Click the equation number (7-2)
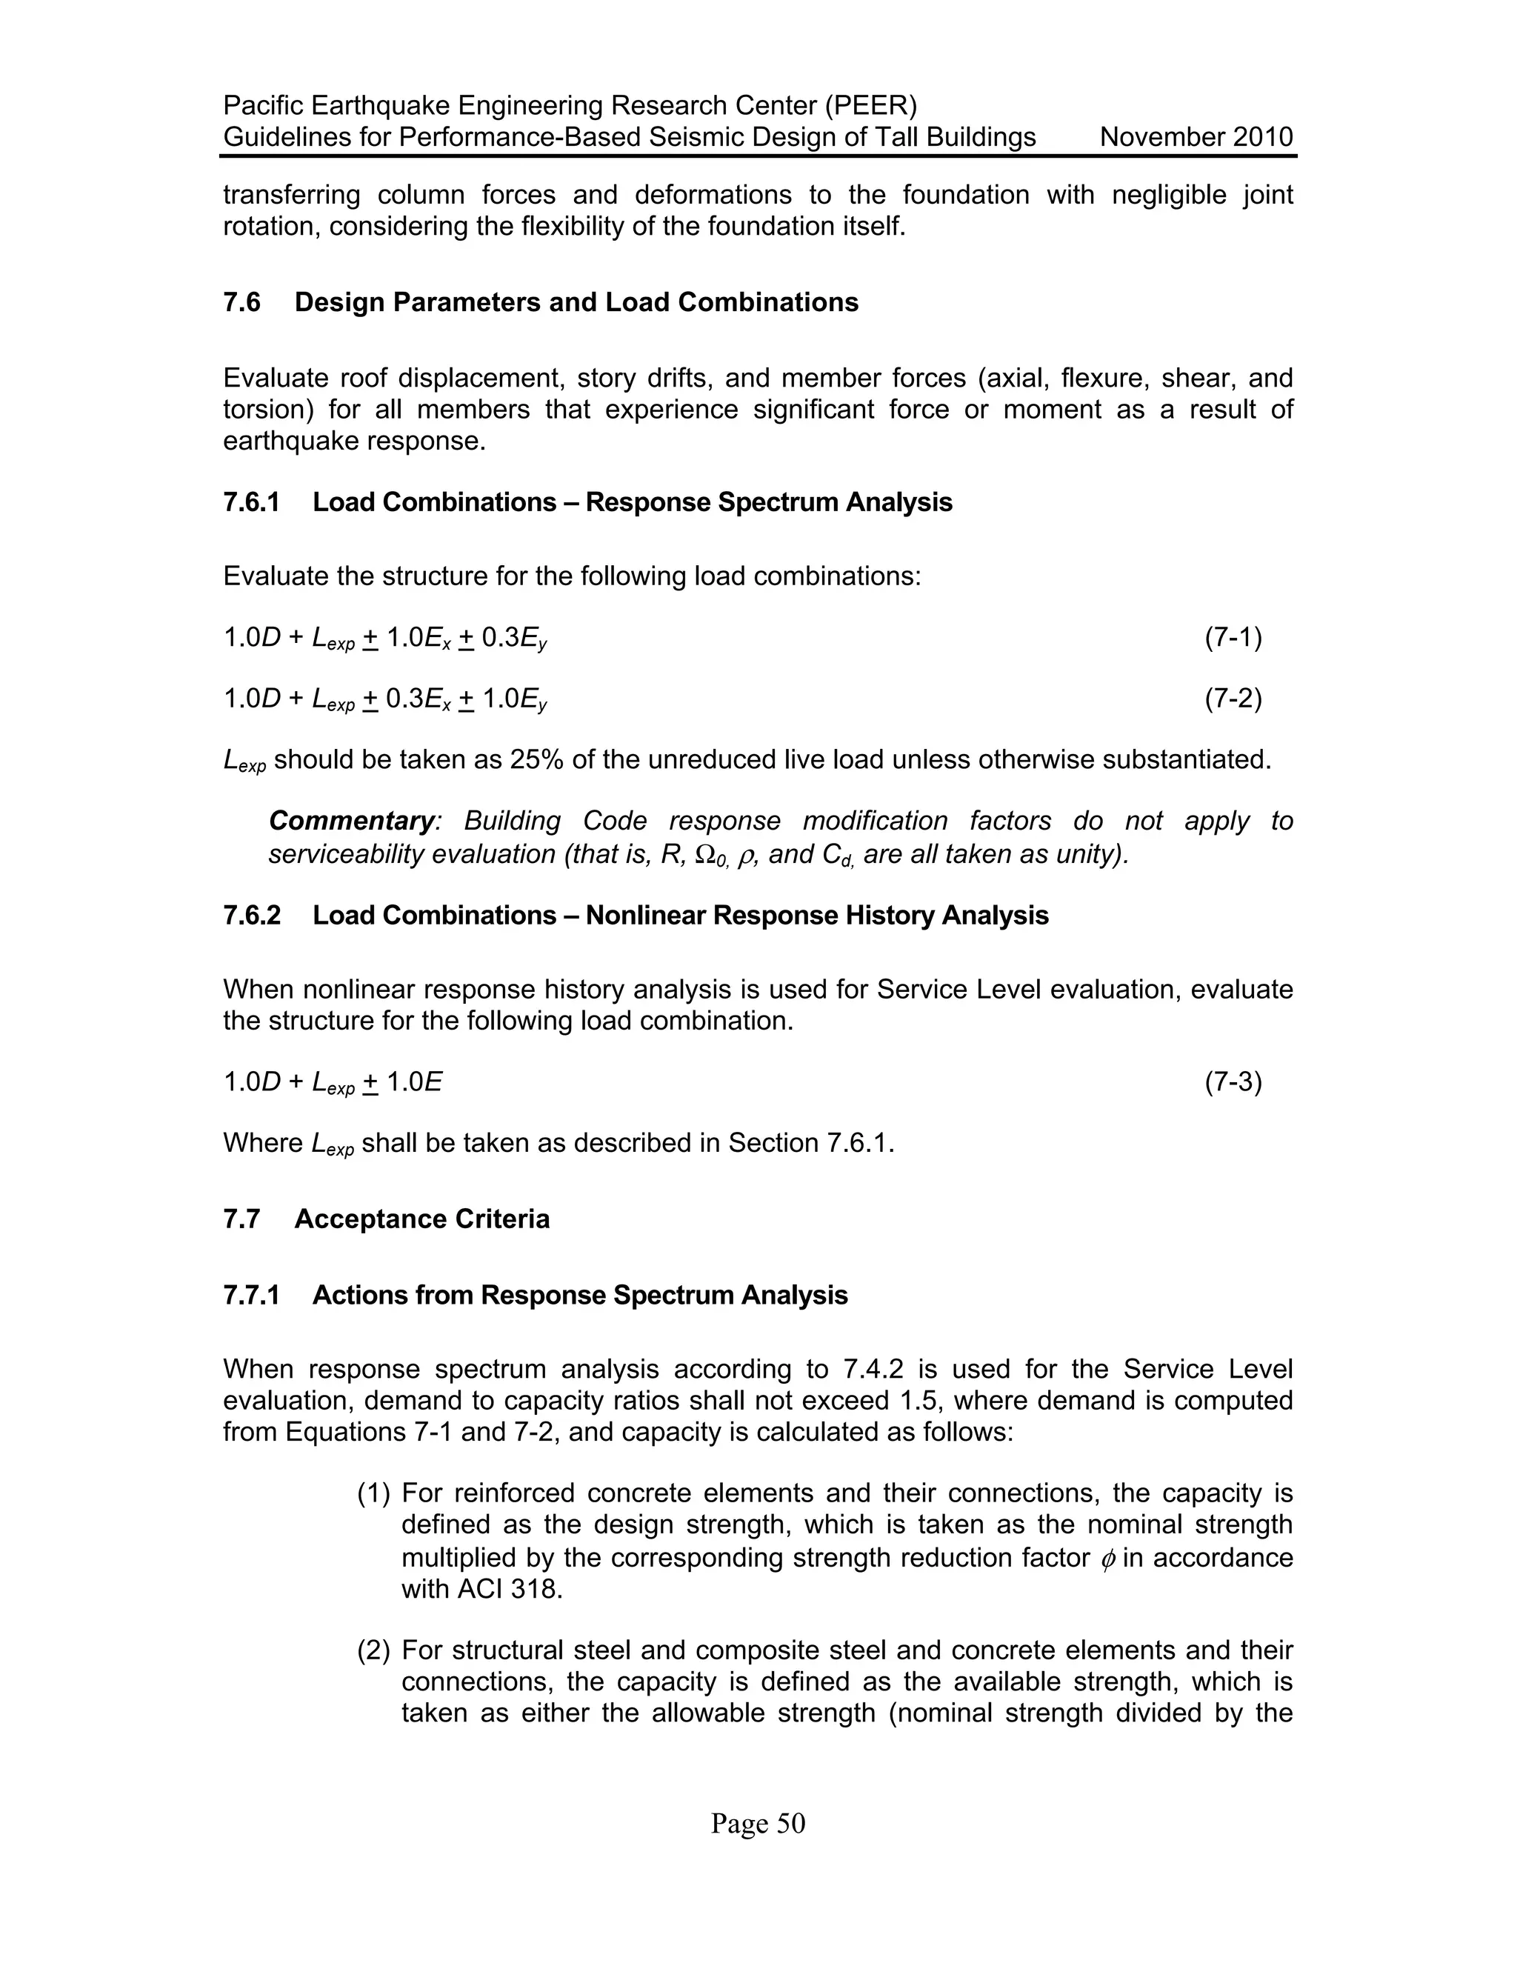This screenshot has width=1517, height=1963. click(x=1233, y=699)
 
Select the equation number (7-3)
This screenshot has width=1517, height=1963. click(x=1233, y=1082)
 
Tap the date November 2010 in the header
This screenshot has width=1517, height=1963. click(x=1196, y=138)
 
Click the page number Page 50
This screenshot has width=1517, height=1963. click(x=758, y=1824)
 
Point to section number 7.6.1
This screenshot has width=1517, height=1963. click(x=252, y=501)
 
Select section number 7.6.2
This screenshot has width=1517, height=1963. click(x=252, y=915)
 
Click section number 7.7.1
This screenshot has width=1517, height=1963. click(x=252, y=1295)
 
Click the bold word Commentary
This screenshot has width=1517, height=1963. click(x=351, y=821)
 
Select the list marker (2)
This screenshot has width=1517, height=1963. click(x=374, y=1651)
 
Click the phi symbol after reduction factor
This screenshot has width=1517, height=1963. click(x=1107, y=1559)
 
